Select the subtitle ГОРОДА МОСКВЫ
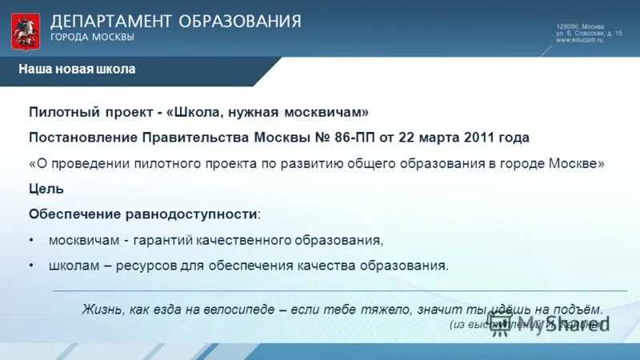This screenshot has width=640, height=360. [92, 37]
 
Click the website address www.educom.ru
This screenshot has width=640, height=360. [579, 40]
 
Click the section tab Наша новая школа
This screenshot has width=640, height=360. [77, 70]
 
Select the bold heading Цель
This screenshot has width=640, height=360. [46, 189]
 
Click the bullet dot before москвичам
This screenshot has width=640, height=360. [31, 240]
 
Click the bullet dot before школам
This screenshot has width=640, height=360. [31, 266]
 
